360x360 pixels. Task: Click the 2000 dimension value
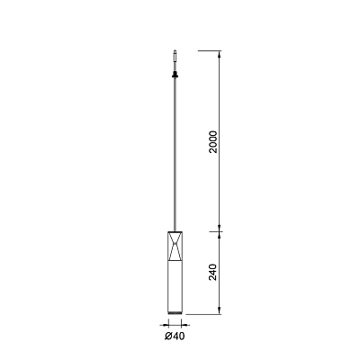213,142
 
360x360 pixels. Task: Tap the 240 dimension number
212,272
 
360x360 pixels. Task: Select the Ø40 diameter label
175,337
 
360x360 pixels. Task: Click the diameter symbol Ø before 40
168,337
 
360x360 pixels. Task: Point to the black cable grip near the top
175,74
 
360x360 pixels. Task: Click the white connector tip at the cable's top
175,56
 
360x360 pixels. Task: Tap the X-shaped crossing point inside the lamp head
175,244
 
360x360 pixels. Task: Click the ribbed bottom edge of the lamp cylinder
175,313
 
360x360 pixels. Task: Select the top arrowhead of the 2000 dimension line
220,54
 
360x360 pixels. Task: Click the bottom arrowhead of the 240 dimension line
220,310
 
